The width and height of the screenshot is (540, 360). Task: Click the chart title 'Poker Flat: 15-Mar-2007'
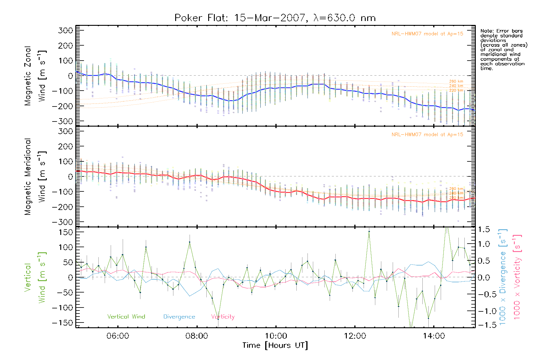tap(240, 18)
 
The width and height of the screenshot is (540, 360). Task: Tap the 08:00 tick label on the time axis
tap(197, 336)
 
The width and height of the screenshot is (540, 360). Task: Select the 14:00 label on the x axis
tap(434, 336)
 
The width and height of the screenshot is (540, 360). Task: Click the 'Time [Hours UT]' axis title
tap(275, 345)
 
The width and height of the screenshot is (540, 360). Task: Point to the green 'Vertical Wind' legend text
tap(126, 316)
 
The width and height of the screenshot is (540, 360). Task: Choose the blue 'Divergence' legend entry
tap(179, 317)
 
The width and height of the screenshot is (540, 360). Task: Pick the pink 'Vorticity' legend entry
tap(223, 317)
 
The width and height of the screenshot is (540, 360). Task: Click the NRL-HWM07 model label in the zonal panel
tap(427, 34)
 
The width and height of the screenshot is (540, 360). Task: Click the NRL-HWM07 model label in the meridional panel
tap(427, 135)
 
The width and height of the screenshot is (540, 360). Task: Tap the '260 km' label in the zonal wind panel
tap(456, 81)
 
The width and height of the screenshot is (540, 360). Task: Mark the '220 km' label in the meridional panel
tap(456, 198)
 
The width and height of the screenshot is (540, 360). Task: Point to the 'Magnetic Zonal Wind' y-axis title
tap(35, 76)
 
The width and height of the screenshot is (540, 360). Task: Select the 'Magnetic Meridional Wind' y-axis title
tap(35, 177)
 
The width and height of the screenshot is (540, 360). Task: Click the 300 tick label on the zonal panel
tap(65, 31)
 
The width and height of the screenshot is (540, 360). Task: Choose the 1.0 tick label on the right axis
tap(484, 244)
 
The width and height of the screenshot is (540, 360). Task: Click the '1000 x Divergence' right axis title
tap(502, 277)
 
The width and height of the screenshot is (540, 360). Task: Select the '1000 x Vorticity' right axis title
tap(517, 277)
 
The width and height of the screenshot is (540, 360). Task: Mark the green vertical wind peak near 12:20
tap(369, 231)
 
